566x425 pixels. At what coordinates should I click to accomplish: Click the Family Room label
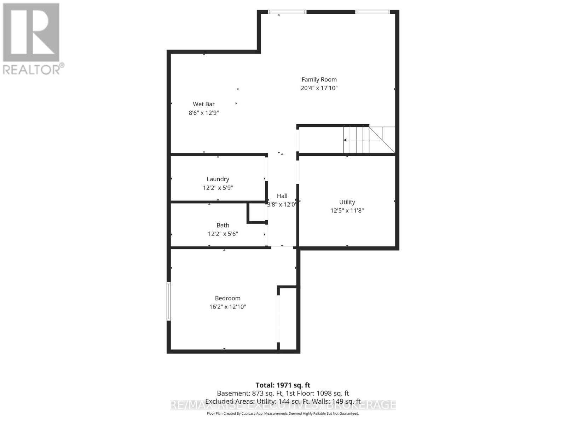[x=319, y=80]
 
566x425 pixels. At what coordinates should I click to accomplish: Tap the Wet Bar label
[x=204, y=104]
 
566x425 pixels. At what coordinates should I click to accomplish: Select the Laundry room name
[x=218, y=179]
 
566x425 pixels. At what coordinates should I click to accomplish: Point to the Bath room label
[x=223, y=225]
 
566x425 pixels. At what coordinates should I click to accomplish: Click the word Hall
[x=282, y=196]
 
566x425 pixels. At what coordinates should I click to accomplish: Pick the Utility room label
[x=347, y=202]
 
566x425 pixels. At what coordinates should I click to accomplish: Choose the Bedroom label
[x=227, y=298]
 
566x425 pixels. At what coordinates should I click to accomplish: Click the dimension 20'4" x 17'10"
[x=319, y=88]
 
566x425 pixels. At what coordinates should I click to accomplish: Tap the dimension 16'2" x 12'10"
[x=227, y=307]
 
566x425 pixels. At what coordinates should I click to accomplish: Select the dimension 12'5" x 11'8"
[x=347, y=210]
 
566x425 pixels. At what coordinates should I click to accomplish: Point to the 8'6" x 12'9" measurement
[x=204, y=113]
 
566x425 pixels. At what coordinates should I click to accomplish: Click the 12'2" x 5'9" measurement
[x=218, y=188]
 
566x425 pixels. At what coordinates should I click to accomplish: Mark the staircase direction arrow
[x=345, y=140]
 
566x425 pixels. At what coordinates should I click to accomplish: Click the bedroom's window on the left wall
[x=169, y=301]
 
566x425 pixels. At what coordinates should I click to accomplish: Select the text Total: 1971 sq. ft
[x=283, y=385]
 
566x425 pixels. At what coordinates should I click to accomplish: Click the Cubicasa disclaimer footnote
[x=283, y=413]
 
